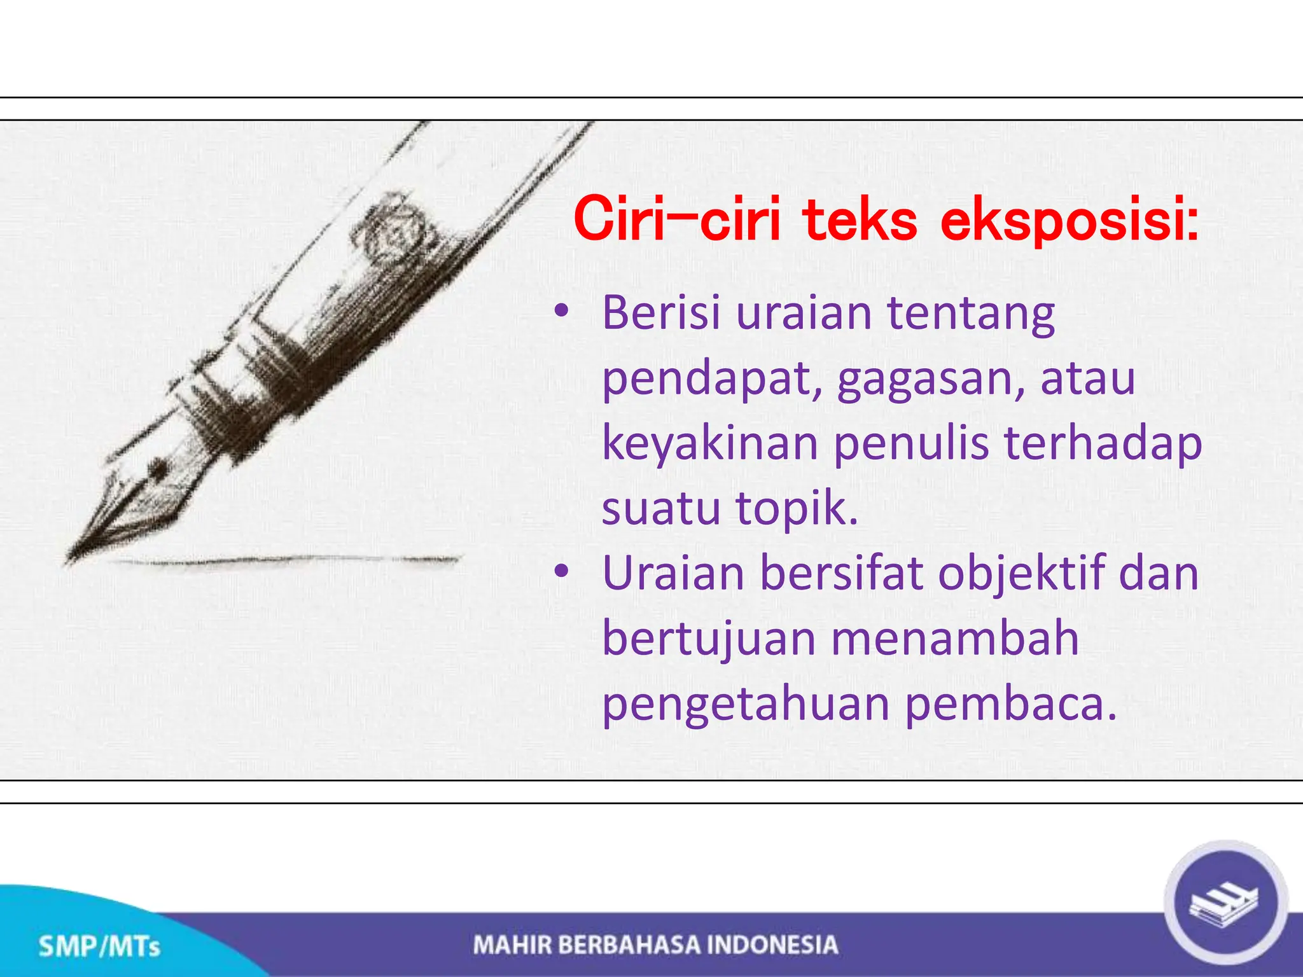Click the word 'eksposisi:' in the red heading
1069,221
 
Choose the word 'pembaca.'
1010,705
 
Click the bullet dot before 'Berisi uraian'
561,312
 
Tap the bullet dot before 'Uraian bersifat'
561,571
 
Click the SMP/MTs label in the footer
99,946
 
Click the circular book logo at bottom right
1225,903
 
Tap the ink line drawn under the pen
286,560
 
